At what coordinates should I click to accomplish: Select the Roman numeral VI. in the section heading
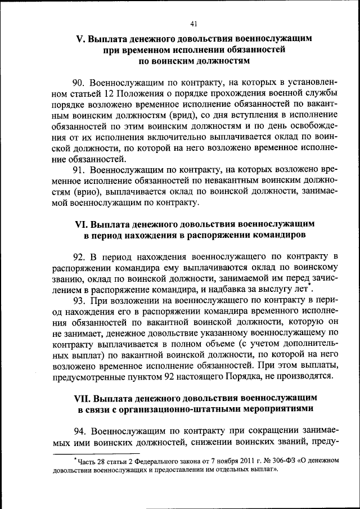point(81,223)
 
